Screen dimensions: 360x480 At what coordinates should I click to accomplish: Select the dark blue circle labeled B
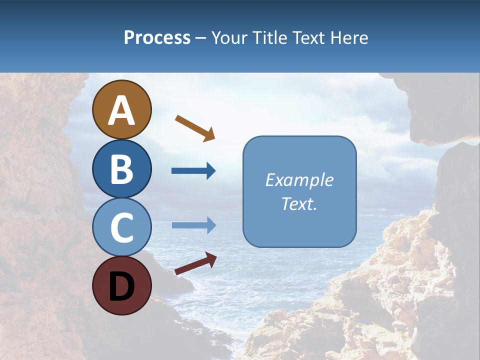(121, 168)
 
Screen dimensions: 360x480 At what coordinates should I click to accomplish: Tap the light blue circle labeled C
(121, 227)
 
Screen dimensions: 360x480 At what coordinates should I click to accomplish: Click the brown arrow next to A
(195, 127)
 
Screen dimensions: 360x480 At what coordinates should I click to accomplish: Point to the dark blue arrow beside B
(193, 171)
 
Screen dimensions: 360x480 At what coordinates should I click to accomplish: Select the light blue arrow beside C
(194, 225)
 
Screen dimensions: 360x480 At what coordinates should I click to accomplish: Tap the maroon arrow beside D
(195, 263)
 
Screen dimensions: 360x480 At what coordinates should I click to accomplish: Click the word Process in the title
(157, 38)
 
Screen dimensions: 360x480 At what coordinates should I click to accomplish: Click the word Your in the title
(230, 38)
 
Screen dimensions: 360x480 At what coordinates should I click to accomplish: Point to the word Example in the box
(299, 180)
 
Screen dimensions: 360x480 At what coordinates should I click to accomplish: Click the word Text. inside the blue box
(299, 204)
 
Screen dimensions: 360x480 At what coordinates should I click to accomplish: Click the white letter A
(121, 110)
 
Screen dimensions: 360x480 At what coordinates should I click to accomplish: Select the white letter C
(121, 228)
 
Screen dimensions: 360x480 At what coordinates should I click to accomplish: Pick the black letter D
(121, 287)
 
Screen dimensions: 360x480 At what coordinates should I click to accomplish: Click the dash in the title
(201, 38)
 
